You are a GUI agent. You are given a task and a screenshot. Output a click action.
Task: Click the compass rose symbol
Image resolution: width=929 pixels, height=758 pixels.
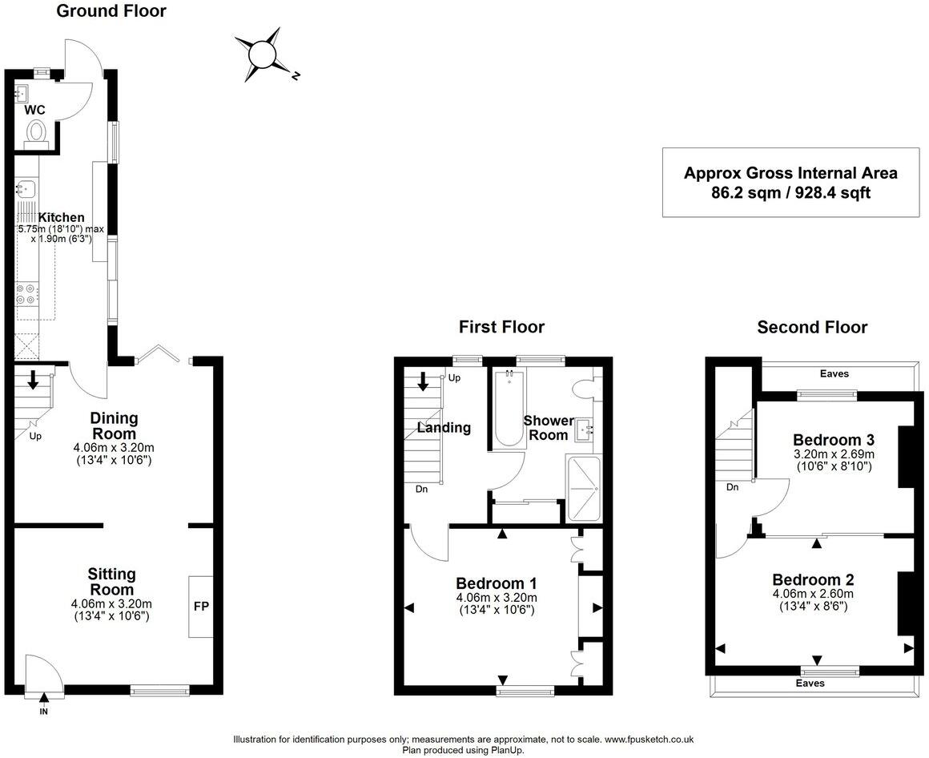262,54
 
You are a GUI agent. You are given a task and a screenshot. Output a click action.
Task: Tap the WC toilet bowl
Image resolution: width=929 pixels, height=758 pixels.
36,131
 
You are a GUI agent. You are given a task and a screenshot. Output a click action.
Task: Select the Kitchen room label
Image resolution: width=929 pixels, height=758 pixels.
62,217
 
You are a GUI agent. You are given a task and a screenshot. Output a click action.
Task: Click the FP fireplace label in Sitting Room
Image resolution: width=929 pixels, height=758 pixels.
200,607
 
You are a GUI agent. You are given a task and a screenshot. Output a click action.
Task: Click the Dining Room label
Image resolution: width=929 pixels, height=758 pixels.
113,425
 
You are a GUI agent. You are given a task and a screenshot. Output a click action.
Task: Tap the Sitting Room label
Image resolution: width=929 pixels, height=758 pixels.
111,582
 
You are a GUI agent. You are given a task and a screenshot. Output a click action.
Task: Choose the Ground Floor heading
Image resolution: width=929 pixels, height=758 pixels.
111,11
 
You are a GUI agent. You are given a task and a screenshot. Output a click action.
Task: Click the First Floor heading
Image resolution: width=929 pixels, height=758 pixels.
501,327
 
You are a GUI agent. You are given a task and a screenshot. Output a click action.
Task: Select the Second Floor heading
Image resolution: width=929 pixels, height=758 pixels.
812,327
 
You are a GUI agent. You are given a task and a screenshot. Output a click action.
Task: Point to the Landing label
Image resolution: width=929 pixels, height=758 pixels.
444,428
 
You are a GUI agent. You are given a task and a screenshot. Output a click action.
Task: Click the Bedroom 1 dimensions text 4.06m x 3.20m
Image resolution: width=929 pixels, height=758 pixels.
496,598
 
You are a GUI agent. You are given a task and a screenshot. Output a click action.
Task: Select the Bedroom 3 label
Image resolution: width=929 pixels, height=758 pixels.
833,440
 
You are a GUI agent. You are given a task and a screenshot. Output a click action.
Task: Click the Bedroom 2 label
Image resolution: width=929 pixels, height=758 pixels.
813,579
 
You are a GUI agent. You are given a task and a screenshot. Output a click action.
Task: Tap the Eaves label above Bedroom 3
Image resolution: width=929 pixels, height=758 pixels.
834,373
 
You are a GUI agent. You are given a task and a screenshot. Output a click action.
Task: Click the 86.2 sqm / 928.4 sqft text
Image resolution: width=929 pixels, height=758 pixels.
790,192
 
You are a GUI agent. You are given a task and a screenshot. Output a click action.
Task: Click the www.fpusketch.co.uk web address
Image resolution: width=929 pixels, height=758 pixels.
649,740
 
